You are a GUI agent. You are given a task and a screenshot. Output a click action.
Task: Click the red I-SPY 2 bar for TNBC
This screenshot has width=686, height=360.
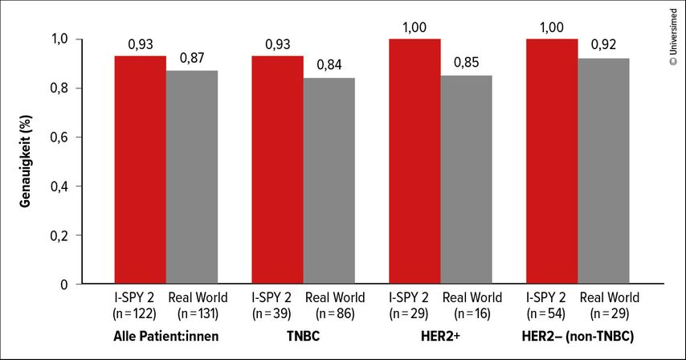click(277, 170)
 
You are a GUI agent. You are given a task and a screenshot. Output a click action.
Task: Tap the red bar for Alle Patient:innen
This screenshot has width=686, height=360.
click(140, 170)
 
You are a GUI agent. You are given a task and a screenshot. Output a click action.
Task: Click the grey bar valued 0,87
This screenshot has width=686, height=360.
click(191, 177)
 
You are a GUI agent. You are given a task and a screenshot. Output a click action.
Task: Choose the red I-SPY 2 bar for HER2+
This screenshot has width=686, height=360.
click(414, 161)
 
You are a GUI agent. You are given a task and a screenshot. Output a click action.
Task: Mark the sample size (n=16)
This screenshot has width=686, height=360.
click(472, 313)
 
